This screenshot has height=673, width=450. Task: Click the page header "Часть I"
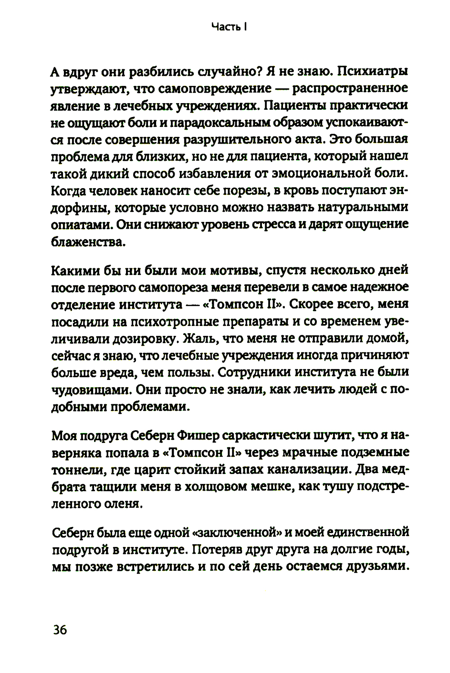pos(230,27)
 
